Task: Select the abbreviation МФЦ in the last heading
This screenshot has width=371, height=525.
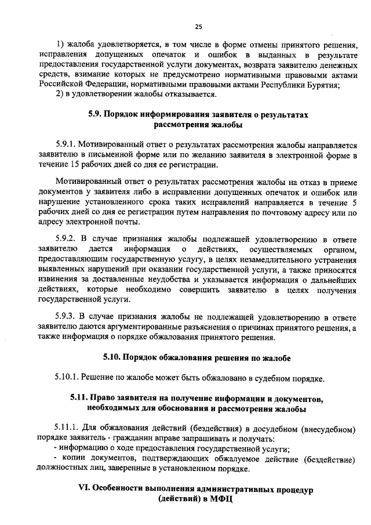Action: click(x=220, y=499)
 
